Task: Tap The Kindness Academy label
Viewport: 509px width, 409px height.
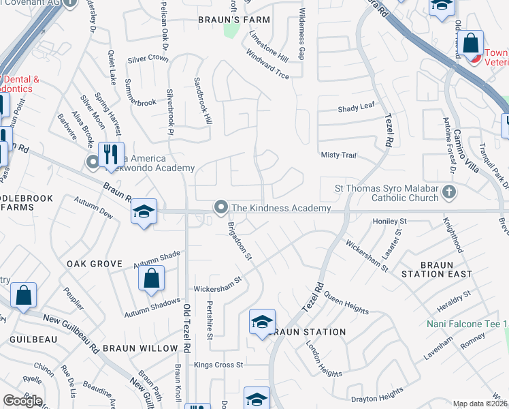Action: pos(280,208)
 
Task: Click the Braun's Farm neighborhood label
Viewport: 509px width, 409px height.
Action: pos(234,20)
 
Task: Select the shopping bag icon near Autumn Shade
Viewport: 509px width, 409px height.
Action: pos(151,279)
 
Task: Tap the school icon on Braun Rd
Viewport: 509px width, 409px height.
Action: pos(144,212)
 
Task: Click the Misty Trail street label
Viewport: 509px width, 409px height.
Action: pos(338,155)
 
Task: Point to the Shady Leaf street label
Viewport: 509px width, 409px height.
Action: pos(357,108)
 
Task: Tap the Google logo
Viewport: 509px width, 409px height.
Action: pos(22,401)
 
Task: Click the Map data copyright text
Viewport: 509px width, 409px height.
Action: pos(480,404)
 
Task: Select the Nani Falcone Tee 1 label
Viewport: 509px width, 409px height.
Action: pos(468,324)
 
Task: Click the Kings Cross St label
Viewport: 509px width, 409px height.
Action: pos(218,365)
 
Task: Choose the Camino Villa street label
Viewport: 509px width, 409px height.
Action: pos(468,143)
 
